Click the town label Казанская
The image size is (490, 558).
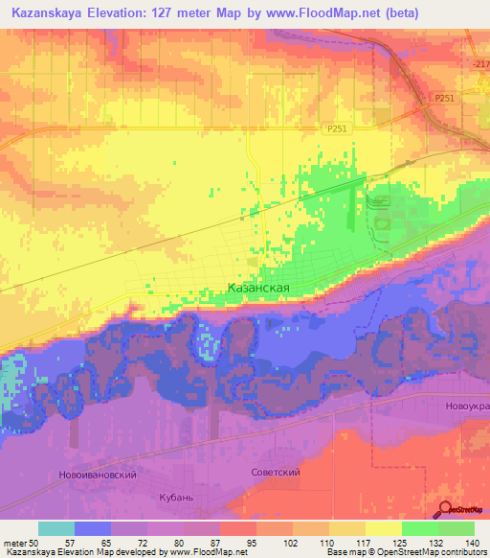click(x=258, y=287)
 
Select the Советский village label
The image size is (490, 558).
click(x=276, y=473)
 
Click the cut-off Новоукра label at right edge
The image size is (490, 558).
click(x=467, y=407)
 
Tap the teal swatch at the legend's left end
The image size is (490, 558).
click(x=56, y=528)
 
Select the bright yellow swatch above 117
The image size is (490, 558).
click(x=383, y=528)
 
